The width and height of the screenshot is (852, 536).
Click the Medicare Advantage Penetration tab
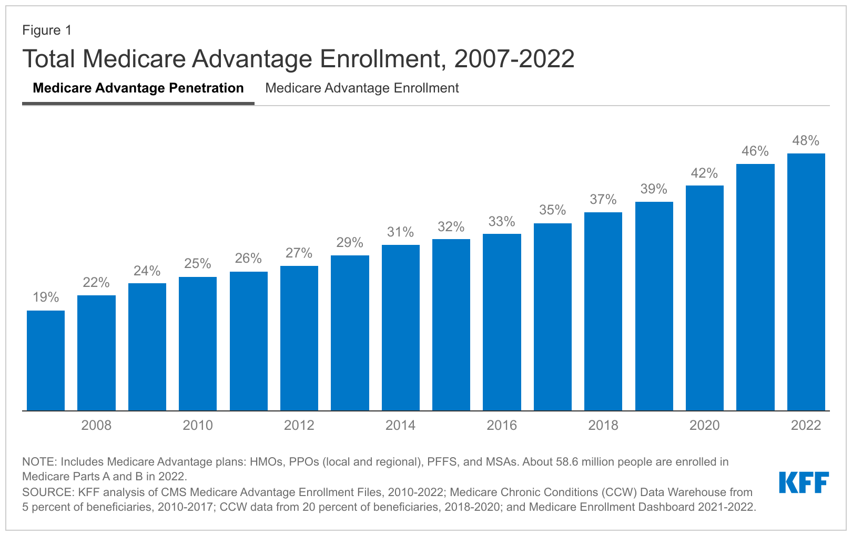click(138, 88)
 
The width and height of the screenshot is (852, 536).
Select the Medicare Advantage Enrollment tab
click(362, 88)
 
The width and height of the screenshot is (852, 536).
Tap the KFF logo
click(804, 482)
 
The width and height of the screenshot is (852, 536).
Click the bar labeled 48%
click(806, 282)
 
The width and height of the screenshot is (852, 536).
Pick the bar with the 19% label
click(46, 360)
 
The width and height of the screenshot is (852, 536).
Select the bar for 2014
click(400, 327)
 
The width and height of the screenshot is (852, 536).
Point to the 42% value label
click(704, 173)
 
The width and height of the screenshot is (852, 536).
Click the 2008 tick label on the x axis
click(96, 425)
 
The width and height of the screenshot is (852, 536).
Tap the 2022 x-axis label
click(806, 425)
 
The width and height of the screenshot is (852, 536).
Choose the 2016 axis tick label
click(502, 425)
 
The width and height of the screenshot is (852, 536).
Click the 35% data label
click(552, 210)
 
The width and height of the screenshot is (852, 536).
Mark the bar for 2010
click(198, 344)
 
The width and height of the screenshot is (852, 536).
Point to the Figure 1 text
click(47, 30)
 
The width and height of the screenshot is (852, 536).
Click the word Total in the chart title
click(49, 59)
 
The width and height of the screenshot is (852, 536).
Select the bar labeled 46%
click(755, 287)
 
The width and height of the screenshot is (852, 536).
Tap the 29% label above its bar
click(350, 243)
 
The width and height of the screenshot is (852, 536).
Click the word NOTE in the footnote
click(39, 462)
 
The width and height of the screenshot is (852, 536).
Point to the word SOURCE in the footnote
click(47, 492)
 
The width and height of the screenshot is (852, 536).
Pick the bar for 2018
click(603, 311)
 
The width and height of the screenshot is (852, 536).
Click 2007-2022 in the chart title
click(514, 59)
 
